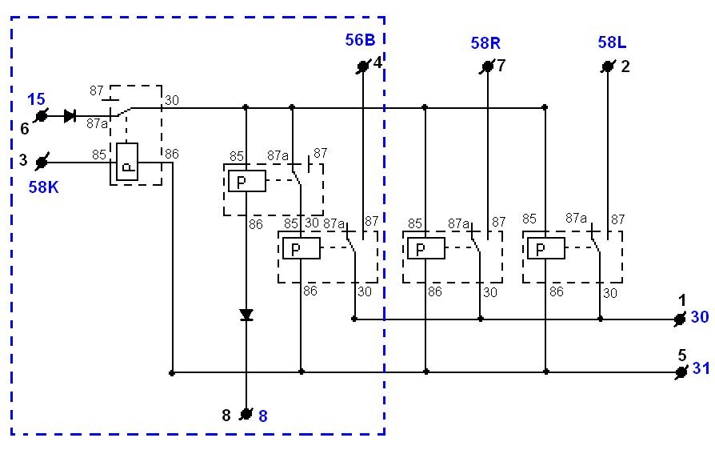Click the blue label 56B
click(x=360, y=40)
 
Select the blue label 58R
click(x=485, y=43)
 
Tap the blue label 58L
click(x=612, y=42)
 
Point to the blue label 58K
click(x=43, y=187)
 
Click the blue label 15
click(x=37, y=99)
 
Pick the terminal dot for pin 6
click(x=42, y=116)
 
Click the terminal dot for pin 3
click(x=42, y=162)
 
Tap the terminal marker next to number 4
click(x=363, y=67)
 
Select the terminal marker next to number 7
click(x=487, y=67)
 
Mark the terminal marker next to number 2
click(x=607, y=67)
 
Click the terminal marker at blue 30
click(x=680, y=319)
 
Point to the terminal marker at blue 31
click(x=681, y=372)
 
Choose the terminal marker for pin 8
click(x=246, y=414)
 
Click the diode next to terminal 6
click(x=70, y=116)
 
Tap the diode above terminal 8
click(x=246, y=315)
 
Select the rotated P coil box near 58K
click(x=127, y=162)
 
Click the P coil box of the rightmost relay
click(x=545, y=249)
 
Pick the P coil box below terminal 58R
click(x=426, y=249)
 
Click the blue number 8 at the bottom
click(x=263, y=416)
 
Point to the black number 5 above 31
click(x=682, y=355)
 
